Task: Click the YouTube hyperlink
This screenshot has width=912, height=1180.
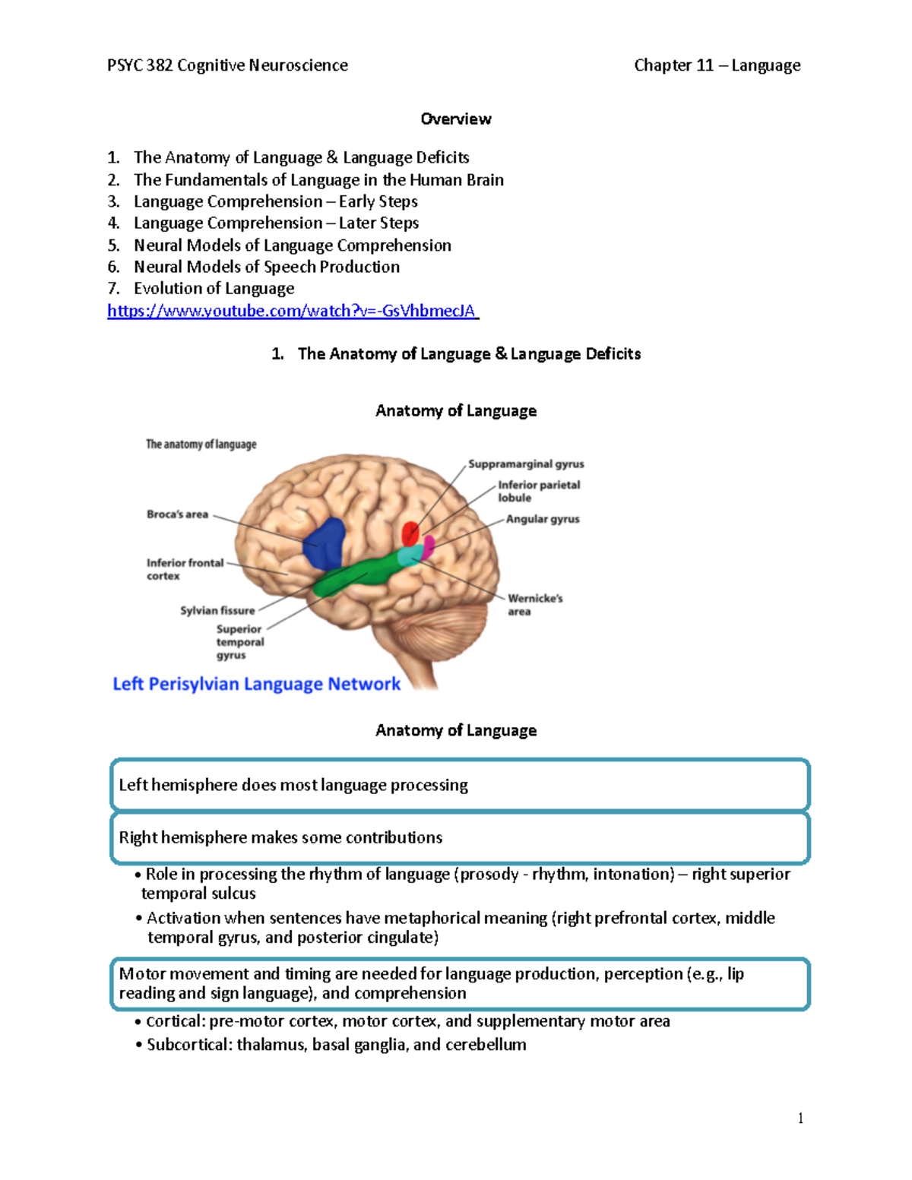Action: [x=292, y=311]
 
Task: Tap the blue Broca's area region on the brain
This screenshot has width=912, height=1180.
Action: [x=325, y=543]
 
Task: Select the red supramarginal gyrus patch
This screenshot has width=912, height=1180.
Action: [x=410, y=533]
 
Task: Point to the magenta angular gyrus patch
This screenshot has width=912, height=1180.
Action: [x=429, y=545]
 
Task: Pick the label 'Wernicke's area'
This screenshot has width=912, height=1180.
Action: [x=534, y=605]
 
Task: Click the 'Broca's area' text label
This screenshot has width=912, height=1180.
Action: [x=177, y=514]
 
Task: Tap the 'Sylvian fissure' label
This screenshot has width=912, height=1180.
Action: [x=217, y=610]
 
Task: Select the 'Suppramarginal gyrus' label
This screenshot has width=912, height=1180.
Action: [x=526, y=463]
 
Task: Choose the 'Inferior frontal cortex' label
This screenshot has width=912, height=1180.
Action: [x=185, y=569]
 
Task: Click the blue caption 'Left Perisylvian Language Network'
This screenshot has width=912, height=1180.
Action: [x=256, y=684]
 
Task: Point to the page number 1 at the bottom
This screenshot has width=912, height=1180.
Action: [x=800, y=1118]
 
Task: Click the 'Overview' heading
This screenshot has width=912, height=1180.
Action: [x=456, y=119]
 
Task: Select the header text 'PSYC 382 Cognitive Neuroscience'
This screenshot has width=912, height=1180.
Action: [x=227, y=65]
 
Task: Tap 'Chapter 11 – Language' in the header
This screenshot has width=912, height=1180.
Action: [x=717, y=65]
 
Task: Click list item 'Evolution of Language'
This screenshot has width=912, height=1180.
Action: [x=214, y=289]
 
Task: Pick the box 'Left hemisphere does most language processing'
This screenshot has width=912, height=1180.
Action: [x=460, y=785]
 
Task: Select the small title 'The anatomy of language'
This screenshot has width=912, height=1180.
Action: [x=201, y=444]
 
